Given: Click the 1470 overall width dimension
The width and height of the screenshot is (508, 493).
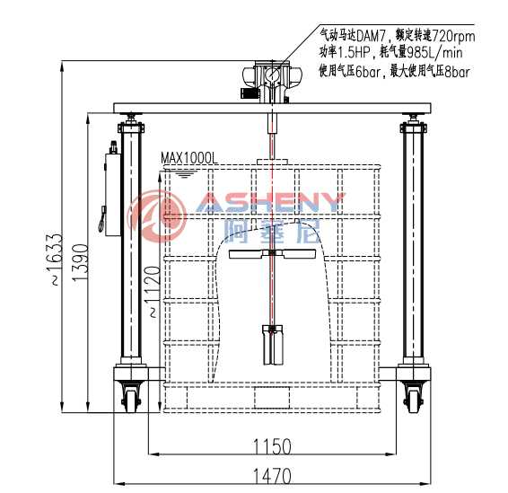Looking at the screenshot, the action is coord(272,476).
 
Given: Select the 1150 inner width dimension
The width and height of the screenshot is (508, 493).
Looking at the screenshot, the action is coord(272,446).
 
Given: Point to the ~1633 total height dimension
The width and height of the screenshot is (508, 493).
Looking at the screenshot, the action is coord(56,260).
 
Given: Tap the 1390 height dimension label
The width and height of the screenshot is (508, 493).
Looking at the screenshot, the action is coord(80,262).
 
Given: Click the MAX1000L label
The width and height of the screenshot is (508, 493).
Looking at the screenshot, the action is coord(189,159).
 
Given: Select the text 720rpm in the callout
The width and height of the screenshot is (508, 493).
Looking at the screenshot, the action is coord(453,36).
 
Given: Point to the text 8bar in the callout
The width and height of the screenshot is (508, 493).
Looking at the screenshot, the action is coord(457,71).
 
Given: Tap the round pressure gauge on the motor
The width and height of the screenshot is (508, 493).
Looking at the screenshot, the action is coord(271,75).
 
